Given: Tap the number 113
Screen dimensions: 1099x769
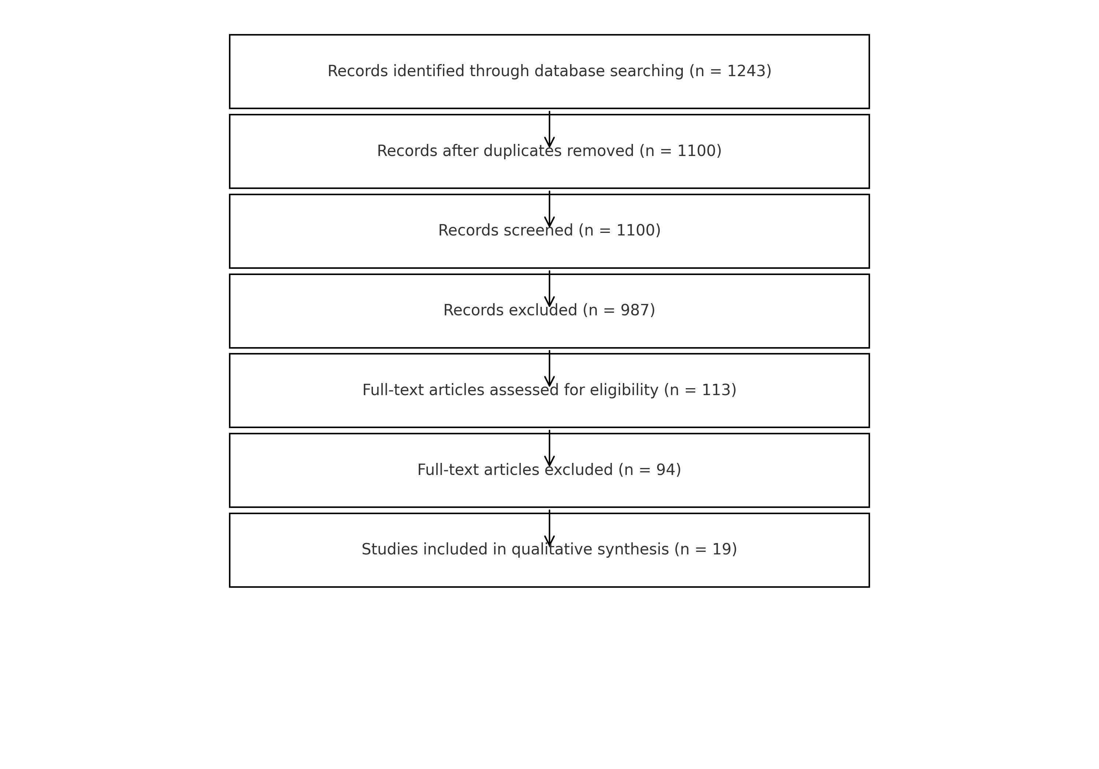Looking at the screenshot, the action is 715,390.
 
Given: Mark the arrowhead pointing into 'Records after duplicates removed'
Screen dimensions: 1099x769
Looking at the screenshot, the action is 549,142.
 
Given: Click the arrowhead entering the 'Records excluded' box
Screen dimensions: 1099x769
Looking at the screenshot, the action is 549,301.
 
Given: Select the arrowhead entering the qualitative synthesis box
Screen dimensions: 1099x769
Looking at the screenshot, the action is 549,541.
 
